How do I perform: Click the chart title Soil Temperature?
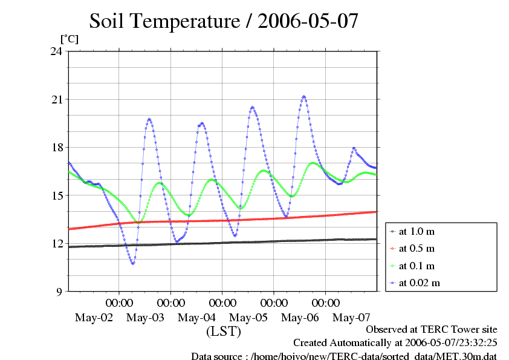click(x=224, y=21)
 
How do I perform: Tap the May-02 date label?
click(x=94, y=318)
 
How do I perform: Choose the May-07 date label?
click(x=352, y=318)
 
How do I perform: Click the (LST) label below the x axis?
click(x=224, y=332)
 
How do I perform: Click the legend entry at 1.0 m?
click(x=417, y=231)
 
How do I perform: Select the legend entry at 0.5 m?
click(x=417, y=248)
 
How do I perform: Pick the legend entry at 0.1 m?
click(x=417, y=266)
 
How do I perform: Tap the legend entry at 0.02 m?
click(x=419, y=283)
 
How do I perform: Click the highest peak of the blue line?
click(x=304, y=96)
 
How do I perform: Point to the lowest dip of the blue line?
click(x=132, y=264)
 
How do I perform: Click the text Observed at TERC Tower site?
click(x=432, y=330)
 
